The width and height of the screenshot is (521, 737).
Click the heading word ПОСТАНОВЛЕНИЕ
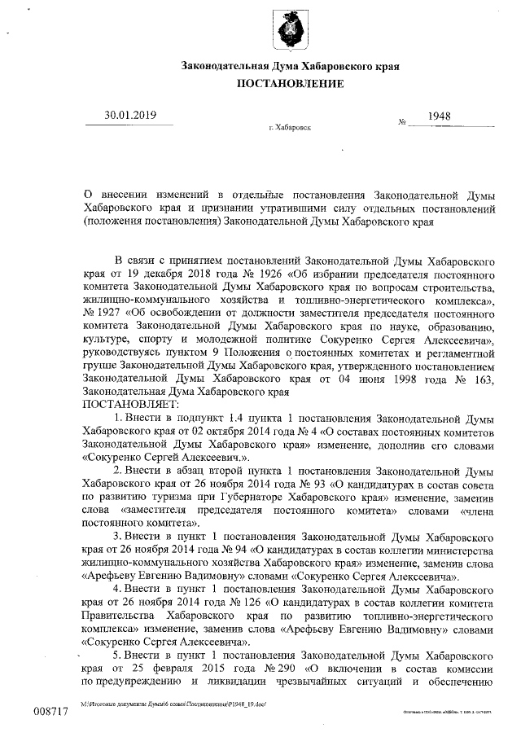pyautogui.click(x=290, y=84)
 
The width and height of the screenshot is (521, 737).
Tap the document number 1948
pyautogui.click(x=440, y=116)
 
